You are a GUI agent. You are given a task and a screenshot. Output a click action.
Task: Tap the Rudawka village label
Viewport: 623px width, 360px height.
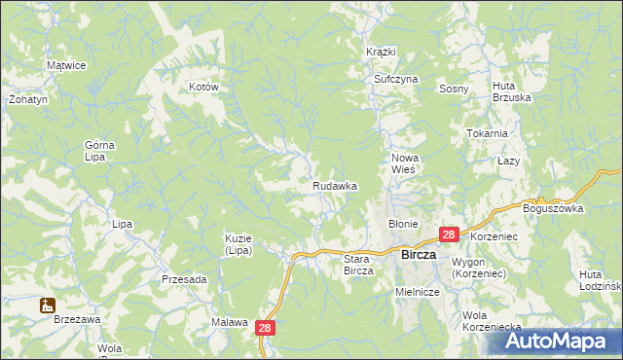tap(335, 185)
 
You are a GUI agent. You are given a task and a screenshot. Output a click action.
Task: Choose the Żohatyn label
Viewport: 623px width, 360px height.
tap(21, 99)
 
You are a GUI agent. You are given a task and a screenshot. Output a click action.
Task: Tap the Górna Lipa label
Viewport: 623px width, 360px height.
tap(99, 151)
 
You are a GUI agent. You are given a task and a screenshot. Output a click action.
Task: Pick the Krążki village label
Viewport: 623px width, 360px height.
tap(381, 51)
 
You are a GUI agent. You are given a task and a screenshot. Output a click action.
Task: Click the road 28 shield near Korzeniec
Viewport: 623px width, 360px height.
tap(449, 234)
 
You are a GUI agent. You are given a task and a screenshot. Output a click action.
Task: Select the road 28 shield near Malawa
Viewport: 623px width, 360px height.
tap(268, 330)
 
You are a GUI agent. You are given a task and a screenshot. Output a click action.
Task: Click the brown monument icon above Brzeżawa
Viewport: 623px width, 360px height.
tap(46, 306)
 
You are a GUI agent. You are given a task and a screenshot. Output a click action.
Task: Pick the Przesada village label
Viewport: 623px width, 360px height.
tap(185, 279)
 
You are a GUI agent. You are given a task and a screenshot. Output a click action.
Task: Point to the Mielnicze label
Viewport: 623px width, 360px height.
tap(419, 291)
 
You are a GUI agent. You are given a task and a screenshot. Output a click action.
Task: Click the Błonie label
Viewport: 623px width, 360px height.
tap(403, 223)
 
